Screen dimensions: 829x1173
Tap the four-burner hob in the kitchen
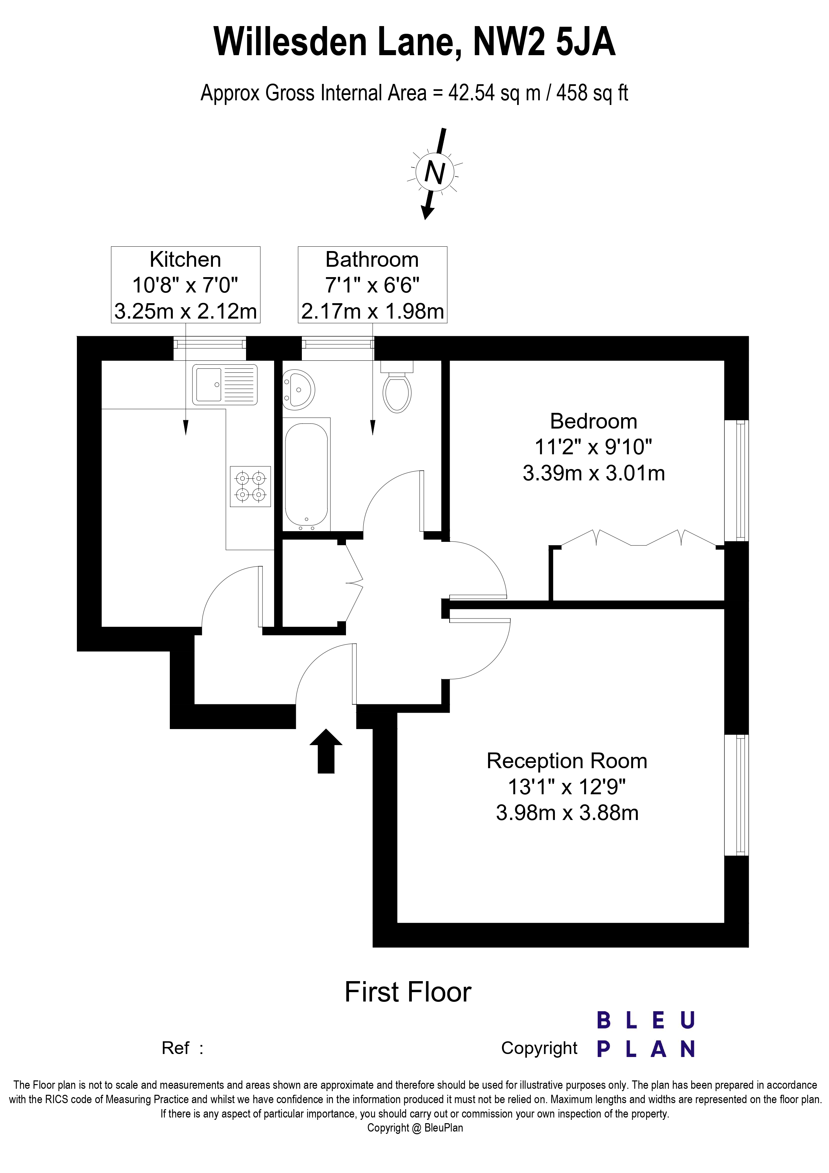pyautogui.click(x=250, y=486)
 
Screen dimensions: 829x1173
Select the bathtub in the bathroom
pyautogui.click(x=306, y=474)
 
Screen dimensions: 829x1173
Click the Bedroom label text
pyautogui.click(x=594, y=422)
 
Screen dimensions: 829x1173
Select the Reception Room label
pyautogui.click(x=567, y=761)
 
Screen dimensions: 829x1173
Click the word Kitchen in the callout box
pyautogui.click(x=186, y=259)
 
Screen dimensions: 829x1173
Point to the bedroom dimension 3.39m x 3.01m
pyautogui.click(x=594, y=473)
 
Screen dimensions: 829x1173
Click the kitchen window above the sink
pyautogui.click(x=210, y=342)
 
